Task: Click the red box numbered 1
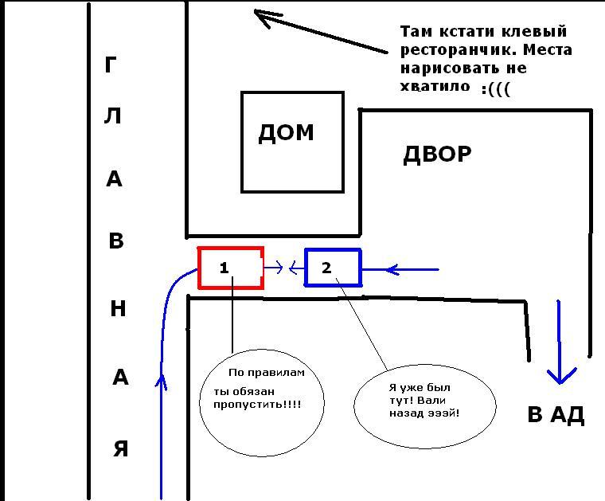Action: (x=230, y=268)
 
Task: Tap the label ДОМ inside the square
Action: (x=286, y=133)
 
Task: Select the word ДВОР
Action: (x=437, y=154)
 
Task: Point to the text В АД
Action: (x=556, y=415)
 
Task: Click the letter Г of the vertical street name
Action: (x=111, y=65)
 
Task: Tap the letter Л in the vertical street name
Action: (x=113, y=116)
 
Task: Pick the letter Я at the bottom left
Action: (x=120, y=449)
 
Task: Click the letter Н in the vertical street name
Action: (x=118, y=308)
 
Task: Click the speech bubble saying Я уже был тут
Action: (x=424, y=402)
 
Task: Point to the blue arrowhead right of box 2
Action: (x=391, y=270)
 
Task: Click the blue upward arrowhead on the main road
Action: (x=162, y=382)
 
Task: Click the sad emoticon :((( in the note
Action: (x=495, y=88)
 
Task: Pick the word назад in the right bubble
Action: (x=407, y=414)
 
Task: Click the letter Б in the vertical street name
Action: (x=116, y=241)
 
